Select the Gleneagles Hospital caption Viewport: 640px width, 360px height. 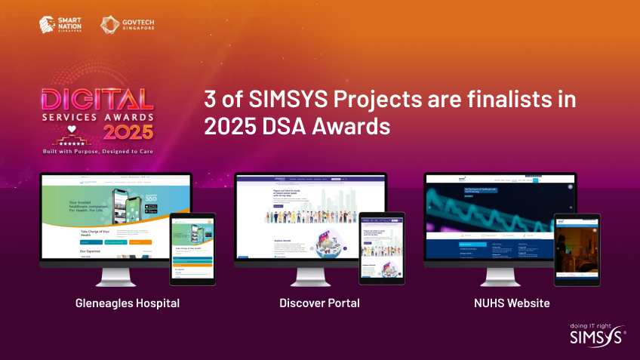pyautogui.click(x=128, y=303)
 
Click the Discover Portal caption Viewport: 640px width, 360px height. pyautogui.click(x=319, y=303)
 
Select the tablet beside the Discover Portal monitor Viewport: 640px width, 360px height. pyautogui.click(x=382, y=248)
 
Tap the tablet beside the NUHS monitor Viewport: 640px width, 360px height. pyautogui.click(x=577, y=248)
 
